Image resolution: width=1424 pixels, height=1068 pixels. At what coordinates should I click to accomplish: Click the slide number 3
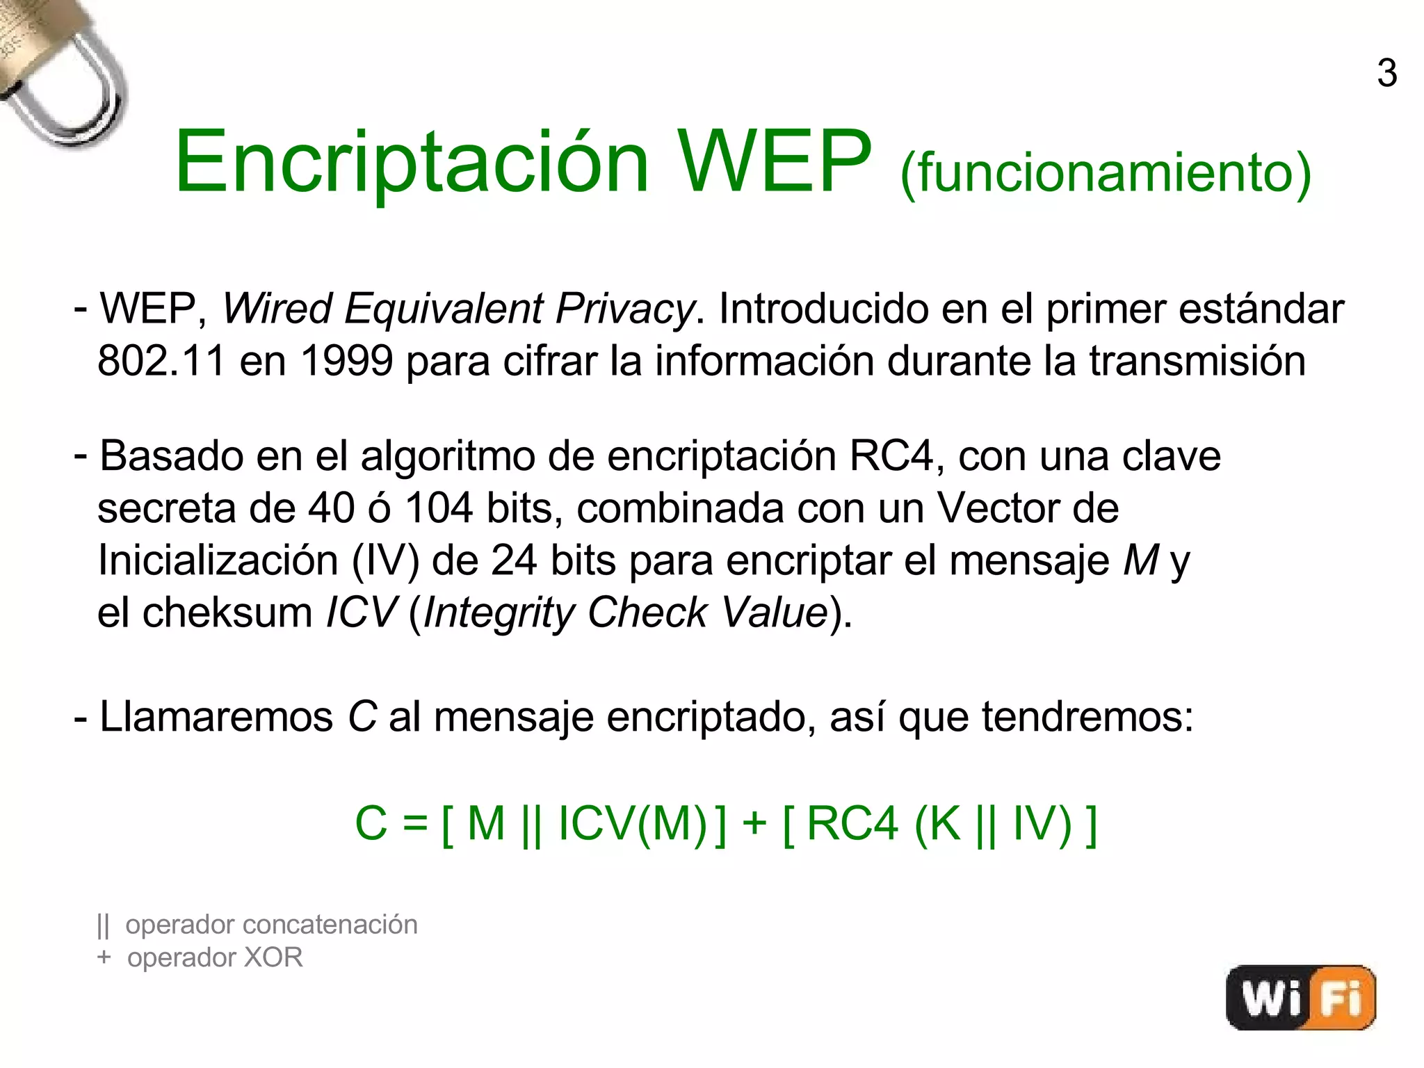point(1386,73)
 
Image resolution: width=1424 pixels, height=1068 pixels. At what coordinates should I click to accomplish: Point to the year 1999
point(346,361)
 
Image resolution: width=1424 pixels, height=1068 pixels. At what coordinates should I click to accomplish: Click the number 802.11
point(161,361)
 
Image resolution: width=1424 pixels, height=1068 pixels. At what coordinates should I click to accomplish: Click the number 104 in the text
point(439,508)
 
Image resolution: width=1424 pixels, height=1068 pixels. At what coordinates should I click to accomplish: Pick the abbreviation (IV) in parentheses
point(386,560)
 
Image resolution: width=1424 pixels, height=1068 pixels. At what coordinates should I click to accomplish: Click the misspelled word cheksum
point(228,613)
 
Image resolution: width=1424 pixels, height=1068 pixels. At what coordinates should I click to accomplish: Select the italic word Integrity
point(498,613)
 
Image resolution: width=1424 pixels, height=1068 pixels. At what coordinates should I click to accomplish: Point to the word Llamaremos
point(216,717)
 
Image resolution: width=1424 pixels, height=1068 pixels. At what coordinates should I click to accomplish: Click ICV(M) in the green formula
point(632,823)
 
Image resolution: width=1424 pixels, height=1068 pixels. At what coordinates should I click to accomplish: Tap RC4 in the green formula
point(852,823)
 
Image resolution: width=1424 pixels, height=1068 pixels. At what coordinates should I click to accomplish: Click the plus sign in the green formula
point(754,823)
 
